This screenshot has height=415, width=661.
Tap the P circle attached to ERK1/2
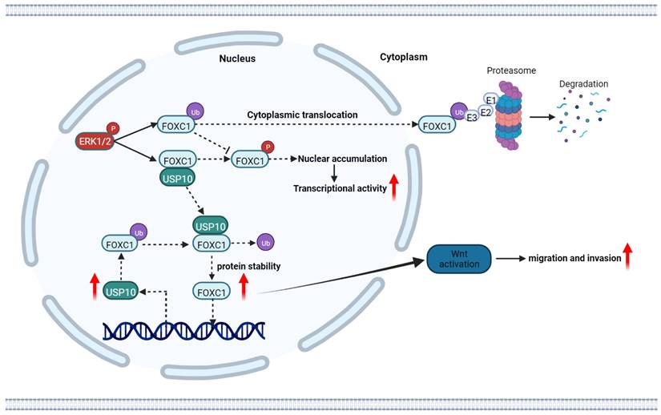tap(112, 128)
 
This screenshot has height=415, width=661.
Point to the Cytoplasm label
tap(403, 57)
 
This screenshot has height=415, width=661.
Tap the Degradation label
tap(584, 83)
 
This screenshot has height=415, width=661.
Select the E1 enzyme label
tap(491, 99)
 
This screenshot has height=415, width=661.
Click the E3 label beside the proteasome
tap(473, 117)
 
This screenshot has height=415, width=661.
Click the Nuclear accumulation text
tap(342, 159)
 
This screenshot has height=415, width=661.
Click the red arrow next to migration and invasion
tap(627, 257)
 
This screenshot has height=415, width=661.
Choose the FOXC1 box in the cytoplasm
tap(433, 125)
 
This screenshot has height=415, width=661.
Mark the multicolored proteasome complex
tap(506, 117)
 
